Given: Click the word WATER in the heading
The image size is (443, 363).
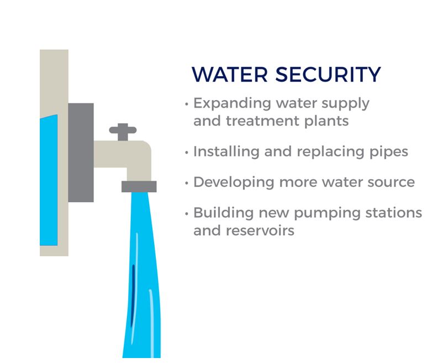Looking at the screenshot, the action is [x=230, y=74].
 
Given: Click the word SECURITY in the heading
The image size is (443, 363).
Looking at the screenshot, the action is [x=328, y=74].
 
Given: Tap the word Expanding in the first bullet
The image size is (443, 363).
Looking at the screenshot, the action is [x=232, y=104].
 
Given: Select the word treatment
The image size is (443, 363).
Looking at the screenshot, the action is [x=262, y=121].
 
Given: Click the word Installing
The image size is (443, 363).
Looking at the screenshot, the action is [x=226, y=152].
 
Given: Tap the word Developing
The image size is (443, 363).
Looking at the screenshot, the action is [x=234, y=182].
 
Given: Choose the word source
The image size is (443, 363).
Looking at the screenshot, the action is [x=391, y=183].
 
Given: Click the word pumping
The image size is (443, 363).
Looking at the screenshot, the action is [x=327, y=214].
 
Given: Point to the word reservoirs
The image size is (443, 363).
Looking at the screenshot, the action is [x=260, y=231].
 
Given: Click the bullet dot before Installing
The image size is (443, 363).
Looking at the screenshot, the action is [x=187, y=152].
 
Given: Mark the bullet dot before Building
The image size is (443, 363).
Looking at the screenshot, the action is [x=187, y=214].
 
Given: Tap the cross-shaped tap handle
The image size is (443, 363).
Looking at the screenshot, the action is [x=123, y=131].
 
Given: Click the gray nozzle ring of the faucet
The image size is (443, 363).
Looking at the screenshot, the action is [x=139, y=187].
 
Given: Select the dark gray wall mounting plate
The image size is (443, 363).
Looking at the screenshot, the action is [x=81, y=152].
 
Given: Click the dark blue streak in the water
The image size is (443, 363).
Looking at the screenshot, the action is [x=133, y=296].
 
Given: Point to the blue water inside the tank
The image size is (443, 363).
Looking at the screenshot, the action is [x=49, y=180].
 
